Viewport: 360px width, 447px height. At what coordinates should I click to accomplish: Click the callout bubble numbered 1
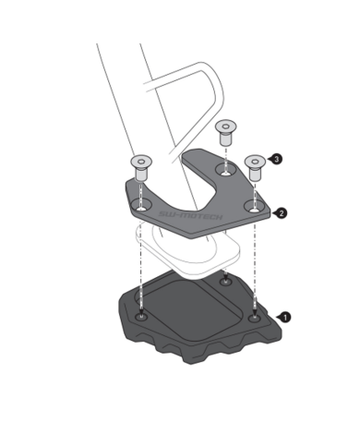pos(285,317)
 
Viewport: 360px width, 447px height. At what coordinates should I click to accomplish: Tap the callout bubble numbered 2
pos(281,212)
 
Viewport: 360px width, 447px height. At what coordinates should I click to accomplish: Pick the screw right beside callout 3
pos(254,165)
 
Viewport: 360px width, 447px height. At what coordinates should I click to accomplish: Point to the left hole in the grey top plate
pos(141,202)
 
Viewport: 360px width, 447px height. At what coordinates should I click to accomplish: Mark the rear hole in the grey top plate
pos(222,169)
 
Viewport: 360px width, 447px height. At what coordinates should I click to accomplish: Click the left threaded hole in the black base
pos(140,316)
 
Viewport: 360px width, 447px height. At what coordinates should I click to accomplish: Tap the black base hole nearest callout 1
pos(254,318)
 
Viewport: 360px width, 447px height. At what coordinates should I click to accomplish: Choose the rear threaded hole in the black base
pos(225,280)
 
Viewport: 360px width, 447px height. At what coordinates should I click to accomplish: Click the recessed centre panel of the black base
pos(185,314)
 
